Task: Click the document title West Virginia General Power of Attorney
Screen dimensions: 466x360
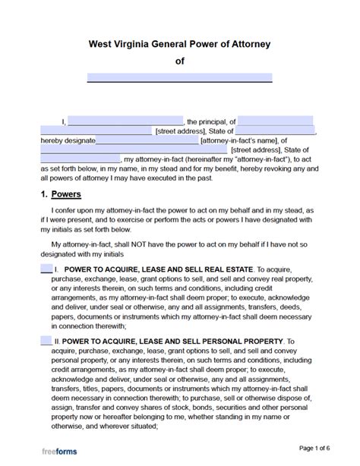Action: pyautogui.click(x=179, y=44)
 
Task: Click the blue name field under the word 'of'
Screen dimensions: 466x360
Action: pyautogui.click(x=179, y=77)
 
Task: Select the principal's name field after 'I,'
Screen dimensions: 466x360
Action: pyautogui.click(x=126, y=121)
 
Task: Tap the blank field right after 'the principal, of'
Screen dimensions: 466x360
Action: pyautogui.click(x=276, y=121)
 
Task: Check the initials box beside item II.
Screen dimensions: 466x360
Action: pyautogui.click(x=46, y=342)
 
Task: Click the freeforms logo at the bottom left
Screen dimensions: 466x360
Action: pyautogui.click(x=57, y=451)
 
